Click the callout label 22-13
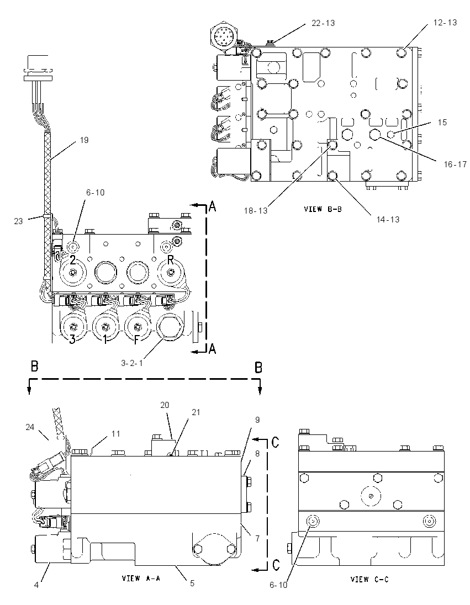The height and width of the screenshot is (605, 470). pos(323,23)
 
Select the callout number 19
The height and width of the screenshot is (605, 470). pos(84,140)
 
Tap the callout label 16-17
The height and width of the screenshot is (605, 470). pos(455,164)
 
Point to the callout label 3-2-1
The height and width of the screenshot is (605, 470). pos(131,363)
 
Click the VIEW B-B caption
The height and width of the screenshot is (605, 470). pos(323,209)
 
